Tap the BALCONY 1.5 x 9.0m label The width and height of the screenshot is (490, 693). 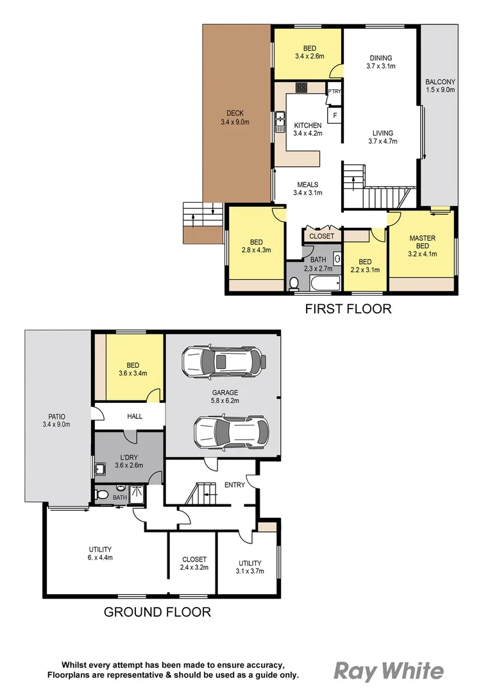(440, 86)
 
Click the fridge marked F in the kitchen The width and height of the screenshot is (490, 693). (334, 116)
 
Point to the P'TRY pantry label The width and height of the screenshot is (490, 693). (334, 92)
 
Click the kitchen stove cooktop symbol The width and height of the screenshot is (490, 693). (302, 87)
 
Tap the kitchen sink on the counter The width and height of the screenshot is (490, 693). (280, 119)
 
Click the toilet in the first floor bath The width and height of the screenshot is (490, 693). (294, 283)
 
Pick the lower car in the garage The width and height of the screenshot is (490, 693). (229, 432)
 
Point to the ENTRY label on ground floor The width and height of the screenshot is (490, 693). (234, 485)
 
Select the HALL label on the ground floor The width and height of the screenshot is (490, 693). (135, 416)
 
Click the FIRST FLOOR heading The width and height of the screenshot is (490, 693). (348, 309)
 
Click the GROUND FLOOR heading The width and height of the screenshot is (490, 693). (157, 612)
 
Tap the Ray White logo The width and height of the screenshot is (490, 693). (388, 672)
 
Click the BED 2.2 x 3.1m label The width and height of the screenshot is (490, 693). (365, 266)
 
